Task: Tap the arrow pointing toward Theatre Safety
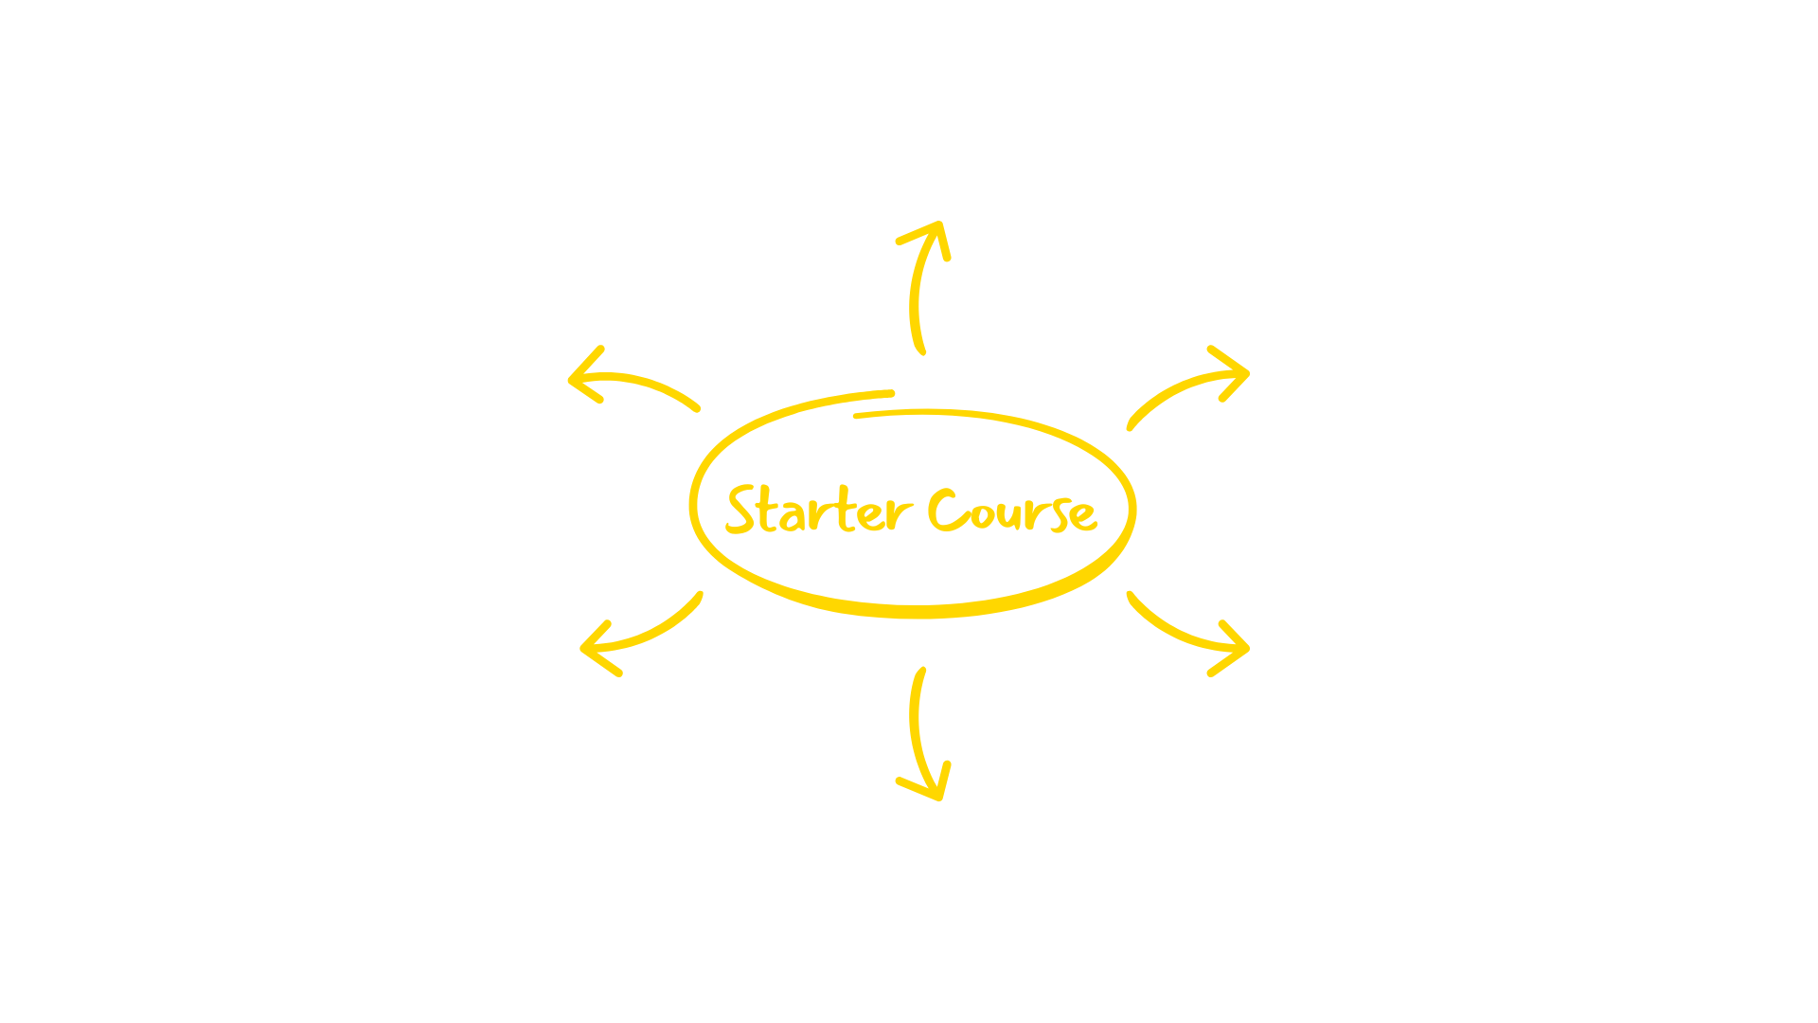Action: click(1188, 388)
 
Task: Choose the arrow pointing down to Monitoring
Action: click(920, 739)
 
